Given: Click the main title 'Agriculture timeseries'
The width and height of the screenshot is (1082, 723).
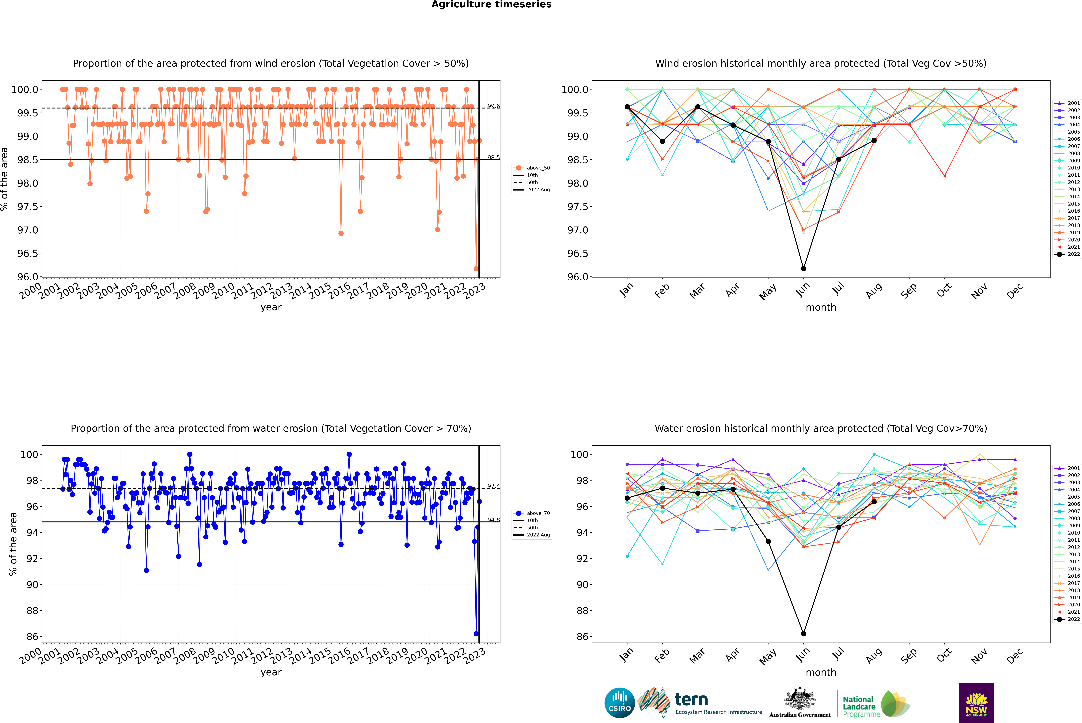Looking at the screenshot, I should point(491,5).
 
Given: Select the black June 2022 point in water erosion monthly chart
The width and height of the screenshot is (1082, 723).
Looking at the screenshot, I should point(803,634).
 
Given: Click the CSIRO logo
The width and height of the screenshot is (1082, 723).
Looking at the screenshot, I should point(619,703).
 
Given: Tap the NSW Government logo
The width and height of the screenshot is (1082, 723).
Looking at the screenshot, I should point(976,703).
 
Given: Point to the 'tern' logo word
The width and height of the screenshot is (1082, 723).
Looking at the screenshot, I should point(691,700).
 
